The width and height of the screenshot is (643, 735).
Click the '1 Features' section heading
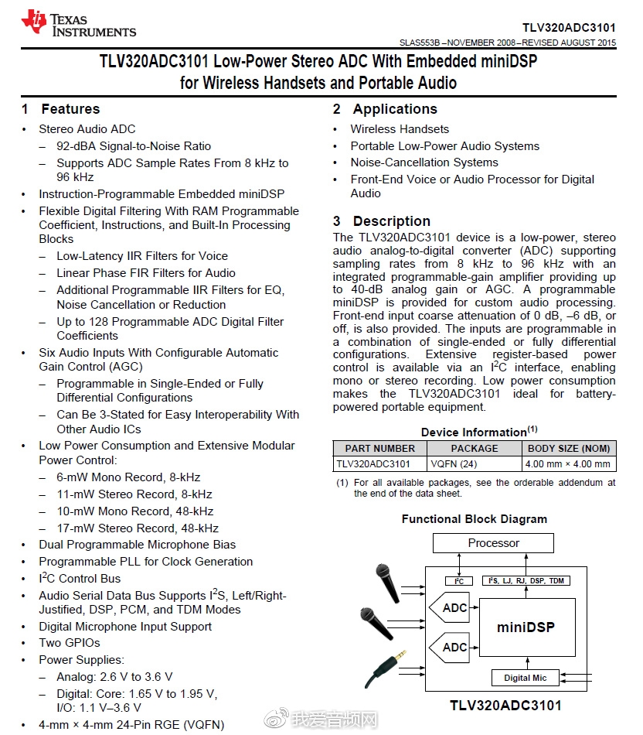coord(61,109)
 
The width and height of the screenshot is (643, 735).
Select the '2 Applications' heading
coord(386,109)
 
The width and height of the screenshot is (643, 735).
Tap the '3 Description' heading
coord(382,221)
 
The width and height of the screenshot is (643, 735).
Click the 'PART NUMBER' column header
coord(379,448)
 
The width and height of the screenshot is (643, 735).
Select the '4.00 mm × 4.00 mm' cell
coord(568,464)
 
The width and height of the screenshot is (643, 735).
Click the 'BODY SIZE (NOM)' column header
coord(568,448)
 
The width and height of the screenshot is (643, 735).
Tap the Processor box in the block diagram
coord(493,543)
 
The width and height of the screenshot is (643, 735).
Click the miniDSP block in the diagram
coord(526,627)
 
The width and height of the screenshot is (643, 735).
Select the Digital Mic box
coord(525,678)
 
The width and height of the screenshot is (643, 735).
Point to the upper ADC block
coord(451,608)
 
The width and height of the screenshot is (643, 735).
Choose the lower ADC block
coord(451,647)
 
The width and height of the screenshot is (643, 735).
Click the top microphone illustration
coord(383,577)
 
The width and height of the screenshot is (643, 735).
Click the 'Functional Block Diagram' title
coord(474,519)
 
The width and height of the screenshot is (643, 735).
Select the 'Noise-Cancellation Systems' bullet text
coord(424,162)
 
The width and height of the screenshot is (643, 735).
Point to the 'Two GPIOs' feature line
coord(70,643)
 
